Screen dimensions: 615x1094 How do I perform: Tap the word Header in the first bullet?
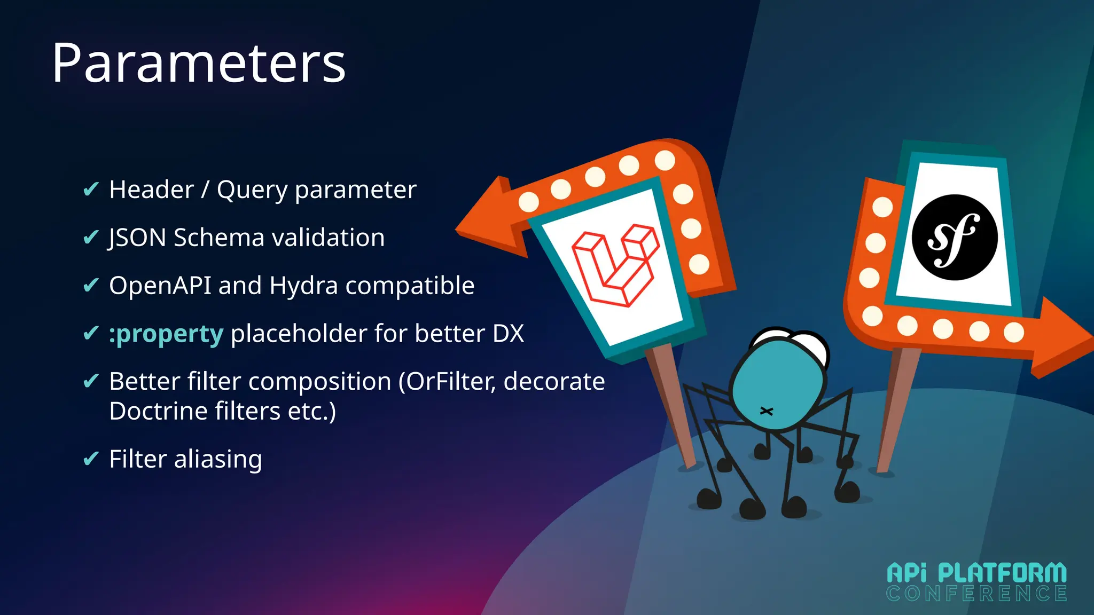tap(151, 190)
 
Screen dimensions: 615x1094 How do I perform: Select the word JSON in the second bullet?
tap(137, 238)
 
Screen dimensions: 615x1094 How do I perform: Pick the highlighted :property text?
tap(166, 334)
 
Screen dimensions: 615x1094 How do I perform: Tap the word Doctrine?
tap(158, 411)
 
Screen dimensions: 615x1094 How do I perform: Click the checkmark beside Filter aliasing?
tap(91, 458)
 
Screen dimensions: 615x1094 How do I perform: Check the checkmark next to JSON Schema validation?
tap(91, 236)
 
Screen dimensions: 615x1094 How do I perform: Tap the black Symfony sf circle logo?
tap(954, 238)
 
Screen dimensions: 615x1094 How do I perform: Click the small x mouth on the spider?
tap(767, 411)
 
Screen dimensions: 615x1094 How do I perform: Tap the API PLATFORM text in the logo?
tap(976, 573)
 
